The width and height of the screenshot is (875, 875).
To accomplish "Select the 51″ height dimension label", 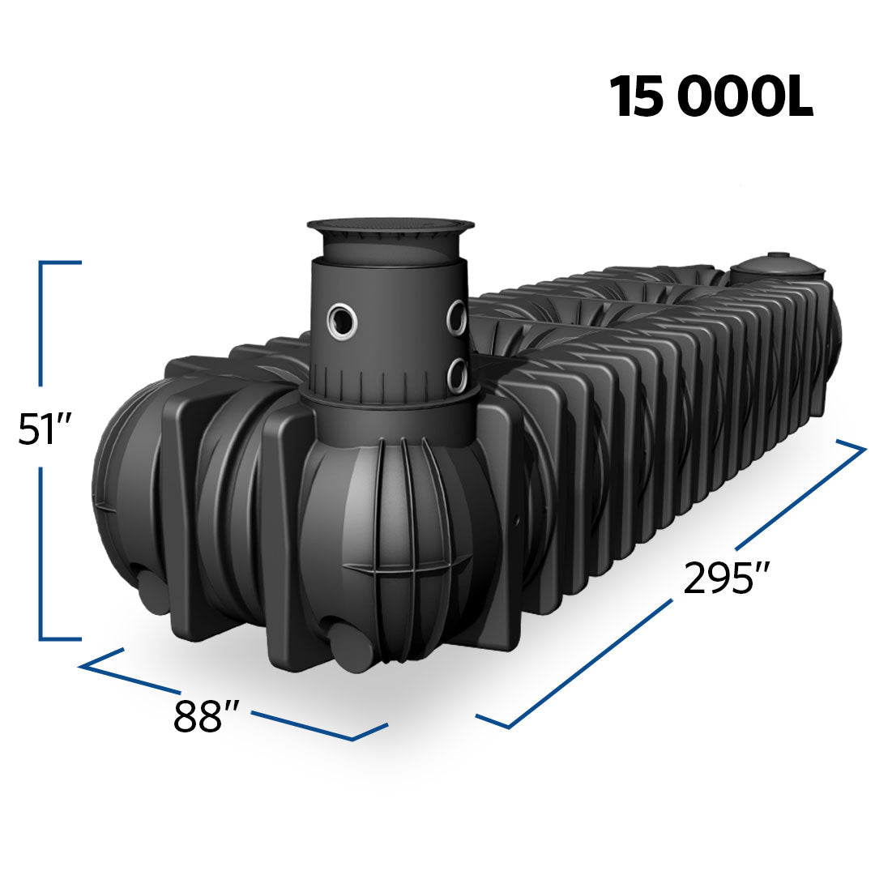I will (46, 429).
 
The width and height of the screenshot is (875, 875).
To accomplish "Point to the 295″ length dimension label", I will (725, 577).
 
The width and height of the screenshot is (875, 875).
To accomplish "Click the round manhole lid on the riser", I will (391, 228).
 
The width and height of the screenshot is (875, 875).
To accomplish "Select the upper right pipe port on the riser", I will (457, 317).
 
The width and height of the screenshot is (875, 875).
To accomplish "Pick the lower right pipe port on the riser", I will (457, 375).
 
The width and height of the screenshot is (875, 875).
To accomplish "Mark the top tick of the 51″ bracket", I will (61, 262).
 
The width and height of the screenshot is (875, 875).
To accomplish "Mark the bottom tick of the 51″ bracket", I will (61, 638).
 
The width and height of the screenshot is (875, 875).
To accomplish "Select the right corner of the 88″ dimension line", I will (354, 738).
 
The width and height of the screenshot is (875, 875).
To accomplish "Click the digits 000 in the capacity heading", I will (723, 98).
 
